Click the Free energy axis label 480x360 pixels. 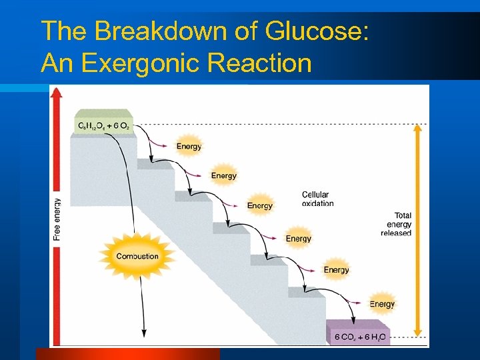(57, 219)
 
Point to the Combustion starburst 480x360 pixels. (137, 256)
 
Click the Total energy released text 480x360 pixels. (397, 224)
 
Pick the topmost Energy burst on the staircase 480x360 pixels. (189, 146)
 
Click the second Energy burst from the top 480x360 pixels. (224, 175)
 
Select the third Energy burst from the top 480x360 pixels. (259, 205)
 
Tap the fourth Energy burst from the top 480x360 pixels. (298, 238)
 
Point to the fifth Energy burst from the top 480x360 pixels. (336, 269)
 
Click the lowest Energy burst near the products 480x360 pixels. (382, 303)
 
